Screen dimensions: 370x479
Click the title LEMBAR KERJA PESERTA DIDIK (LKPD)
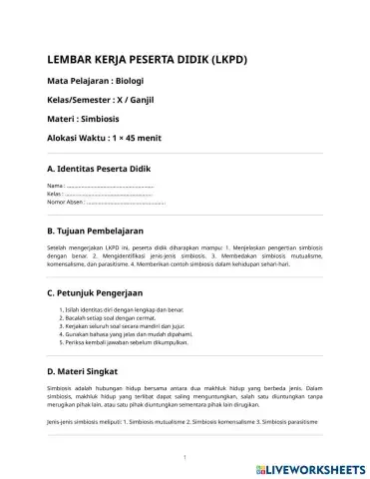pyautogui.click(x=147, y=59)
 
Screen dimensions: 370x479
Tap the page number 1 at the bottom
pyautogui.click(x=185, y=458)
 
